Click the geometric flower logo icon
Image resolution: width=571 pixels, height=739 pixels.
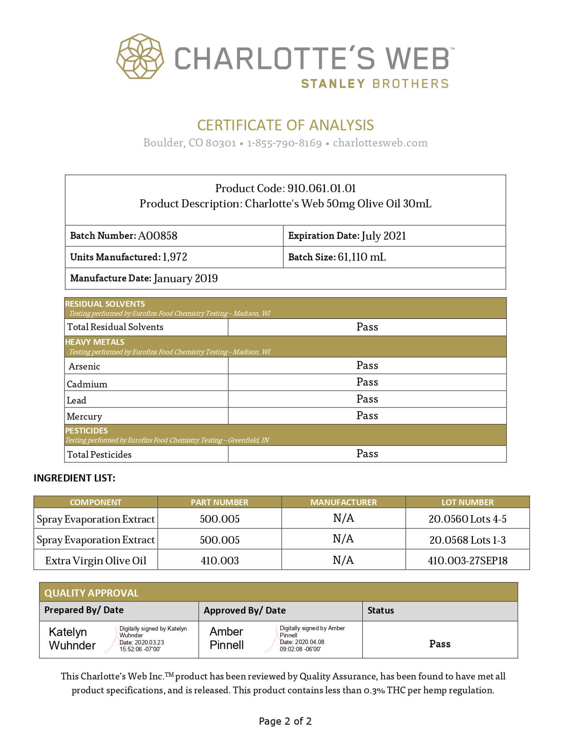140,56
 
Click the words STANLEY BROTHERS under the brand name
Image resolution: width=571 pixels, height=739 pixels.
374,84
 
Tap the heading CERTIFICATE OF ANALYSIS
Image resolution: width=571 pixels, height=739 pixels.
285,125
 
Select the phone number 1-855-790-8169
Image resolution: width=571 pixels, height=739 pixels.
284,143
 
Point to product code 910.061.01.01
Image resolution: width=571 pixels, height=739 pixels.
322,188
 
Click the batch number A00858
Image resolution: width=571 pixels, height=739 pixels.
158,236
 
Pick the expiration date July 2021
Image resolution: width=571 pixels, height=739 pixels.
384,236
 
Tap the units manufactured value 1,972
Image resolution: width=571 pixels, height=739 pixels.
175,257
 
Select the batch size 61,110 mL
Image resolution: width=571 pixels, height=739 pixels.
362,257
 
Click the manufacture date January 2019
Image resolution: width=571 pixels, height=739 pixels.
185,279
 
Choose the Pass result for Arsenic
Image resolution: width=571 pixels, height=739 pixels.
367,365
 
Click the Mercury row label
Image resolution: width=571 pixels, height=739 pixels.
84,417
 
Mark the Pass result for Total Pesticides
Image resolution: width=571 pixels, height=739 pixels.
367,454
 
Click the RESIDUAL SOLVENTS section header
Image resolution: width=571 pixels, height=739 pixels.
105,304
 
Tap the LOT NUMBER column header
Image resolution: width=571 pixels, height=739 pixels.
467,502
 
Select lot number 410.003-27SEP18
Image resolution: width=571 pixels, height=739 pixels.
467,561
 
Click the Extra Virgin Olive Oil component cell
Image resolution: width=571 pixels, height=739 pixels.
95,561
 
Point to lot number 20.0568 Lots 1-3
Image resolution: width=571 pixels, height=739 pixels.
467,540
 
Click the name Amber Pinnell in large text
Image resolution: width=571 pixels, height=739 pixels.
227,638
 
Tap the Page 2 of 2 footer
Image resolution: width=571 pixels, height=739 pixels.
285,721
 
